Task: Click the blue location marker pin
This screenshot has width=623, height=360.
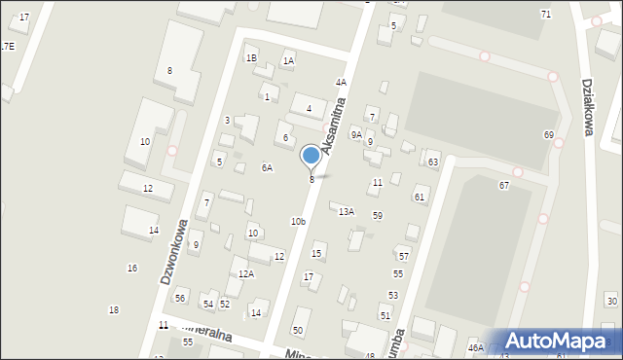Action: (x=311, y=156)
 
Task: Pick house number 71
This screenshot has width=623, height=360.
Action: (x=546, y=14)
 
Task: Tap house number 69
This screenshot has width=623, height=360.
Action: (x=549, y=134)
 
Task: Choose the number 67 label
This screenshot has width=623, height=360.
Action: (x=504, y=185)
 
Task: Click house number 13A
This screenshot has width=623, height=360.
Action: (x=347, y=211)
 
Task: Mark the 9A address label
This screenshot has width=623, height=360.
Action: (x=356, y=134)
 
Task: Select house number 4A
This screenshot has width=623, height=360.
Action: (x=341, y=83)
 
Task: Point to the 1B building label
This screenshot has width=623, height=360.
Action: (x=251, y=58)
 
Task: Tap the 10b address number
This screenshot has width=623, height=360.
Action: (x=298, y=222)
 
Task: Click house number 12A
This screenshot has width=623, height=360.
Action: (x=246, y=274)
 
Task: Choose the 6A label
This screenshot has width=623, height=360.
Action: (x=267, y=167)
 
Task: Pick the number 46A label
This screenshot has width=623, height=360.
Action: (x=476, y=347)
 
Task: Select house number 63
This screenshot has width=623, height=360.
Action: (x=433, y=162)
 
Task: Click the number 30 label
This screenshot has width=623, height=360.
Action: (x=611, y=302)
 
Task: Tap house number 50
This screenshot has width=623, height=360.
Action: (x=298, y=331)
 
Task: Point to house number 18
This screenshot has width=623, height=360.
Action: (x=114, y=309)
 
